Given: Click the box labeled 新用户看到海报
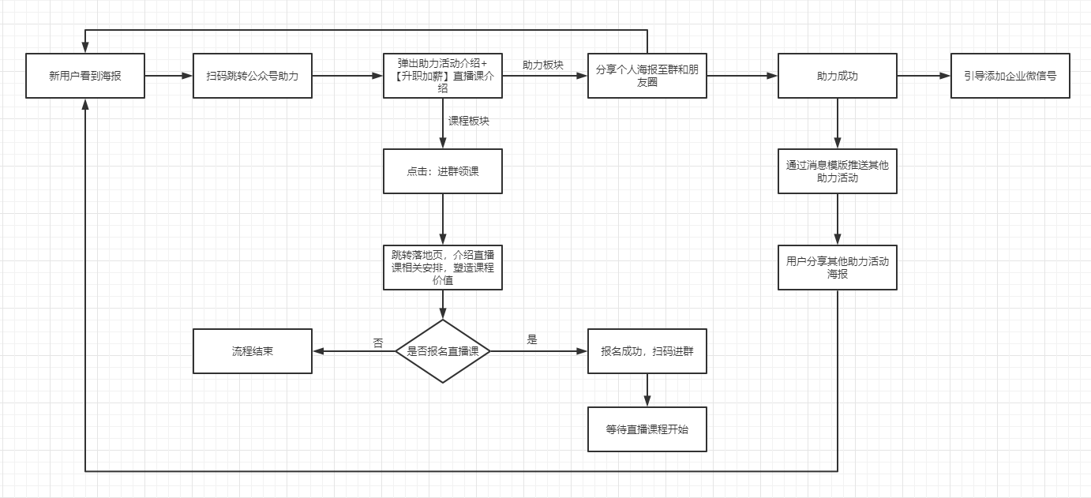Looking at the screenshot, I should click(85, 76).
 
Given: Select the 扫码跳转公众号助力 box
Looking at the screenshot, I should click(253, 76).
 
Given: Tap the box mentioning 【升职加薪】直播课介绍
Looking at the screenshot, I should click(442, 76).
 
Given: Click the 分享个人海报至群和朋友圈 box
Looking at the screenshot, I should click(647, 76).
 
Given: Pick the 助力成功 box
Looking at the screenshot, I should click(837, 76).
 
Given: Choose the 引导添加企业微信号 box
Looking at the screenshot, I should click(1010, 76).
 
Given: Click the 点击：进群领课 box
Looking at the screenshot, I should click(442, 171).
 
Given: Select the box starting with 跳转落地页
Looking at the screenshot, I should click(442, 268).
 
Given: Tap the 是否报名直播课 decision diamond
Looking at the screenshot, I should click(442, 351).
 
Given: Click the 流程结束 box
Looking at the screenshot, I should click(253, 351).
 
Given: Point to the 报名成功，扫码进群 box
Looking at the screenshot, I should click(647, 351).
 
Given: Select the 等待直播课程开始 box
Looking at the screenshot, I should click(647, 429).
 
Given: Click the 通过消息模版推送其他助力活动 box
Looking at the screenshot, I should click(837, 171).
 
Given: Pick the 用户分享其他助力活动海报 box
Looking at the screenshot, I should click(837, 268).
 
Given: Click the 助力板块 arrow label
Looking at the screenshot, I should click(543, 65).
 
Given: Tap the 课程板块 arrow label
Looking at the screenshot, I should click(469, 121).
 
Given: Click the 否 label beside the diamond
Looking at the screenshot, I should click(377, 343).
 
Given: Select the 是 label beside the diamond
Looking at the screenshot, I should click(531, 340).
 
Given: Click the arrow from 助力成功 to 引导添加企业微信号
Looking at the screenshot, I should click(924, 76).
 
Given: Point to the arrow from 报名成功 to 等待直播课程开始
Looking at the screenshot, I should click(647, 390).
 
